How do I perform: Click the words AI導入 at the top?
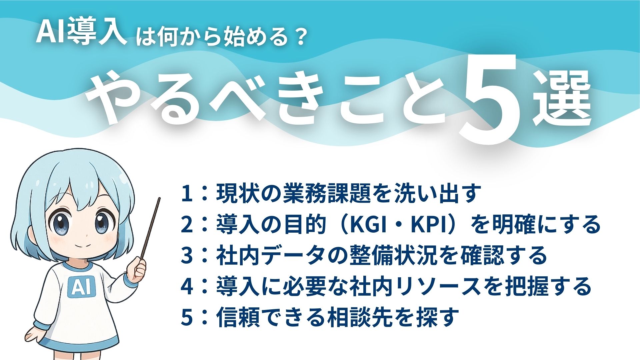click(81, 33)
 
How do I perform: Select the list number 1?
click(187, 194)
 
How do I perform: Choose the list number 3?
click(187, 255)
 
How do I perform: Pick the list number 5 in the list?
click(187, 317)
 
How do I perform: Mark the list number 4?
click(187, 286)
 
